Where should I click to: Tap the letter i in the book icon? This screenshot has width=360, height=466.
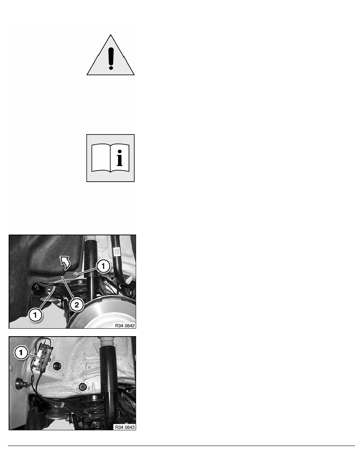pos(120,158)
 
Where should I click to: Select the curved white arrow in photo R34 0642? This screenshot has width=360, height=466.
pos(65,262)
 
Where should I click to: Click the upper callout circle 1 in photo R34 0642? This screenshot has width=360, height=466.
pos(103,266)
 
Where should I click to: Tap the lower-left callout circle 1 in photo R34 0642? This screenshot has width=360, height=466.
pos(35,315)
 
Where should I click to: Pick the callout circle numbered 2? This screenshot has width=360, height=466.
pos(76,305)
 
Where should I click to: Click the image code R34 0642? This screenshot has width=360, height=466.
pos(125,326)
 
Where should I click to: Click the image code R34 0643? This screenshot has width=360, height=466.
pos(125,427)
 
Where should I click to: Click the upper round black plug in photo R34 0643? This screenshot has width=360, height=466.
pos(56,366)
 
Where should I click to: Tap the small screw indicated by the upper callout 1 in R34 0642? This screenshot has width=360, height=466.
pos(76,274)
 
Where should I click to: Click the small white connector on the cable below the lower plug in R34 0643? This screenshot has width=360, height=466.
pos(62,404)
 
